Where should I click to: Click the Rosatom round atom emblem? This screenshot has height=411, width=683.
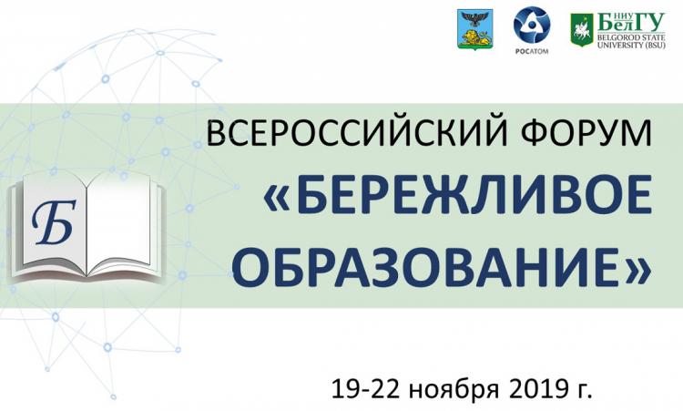click(531, 26)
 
